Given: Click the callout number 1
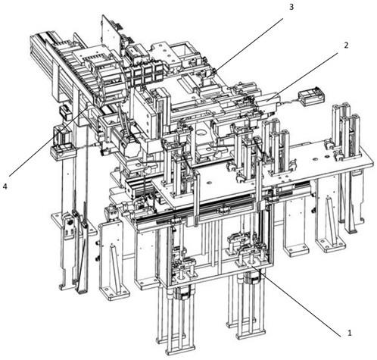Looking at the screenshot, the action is point(349,333).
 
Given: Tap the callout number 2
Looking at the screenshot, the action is point(346,45).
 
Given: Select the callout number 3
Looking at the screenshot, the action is point(291,7).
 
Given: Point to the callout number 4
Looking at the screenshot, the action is point(5,186).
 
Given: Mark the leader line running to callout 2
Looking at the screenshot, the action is point(303,77).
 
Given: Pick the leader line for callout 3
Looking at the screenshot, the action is point(246,47).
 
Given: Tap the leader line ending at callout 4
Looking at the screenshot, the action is point(49,141).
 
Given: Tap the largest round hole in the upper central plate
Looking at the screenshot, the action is point(201,133).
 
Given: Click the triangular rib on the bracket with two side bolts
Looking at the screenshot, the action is point(116,267).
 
